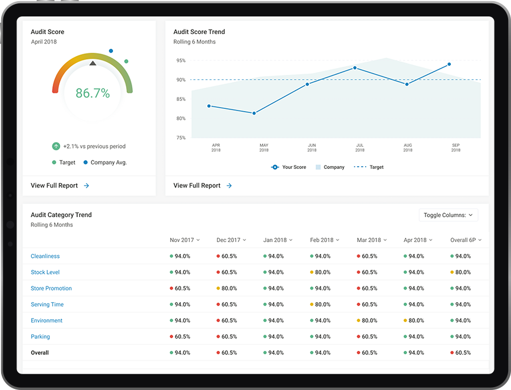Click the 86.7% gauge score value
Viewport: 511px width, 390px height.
pyautogui.click(x=93, y=94)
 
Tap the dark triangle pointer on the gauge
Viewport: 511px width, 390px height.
pyautogui.click(x=93, y=63)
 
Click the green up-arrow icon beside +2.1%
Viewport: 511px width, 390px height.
pyautogui.click(x=56, y=146)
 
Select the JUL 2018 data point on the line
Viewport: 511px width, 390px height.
pyautogui.click(x=355, y=68)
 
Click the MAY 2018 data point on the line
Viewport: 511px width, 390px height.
pyautogui.click(x=254, y=113)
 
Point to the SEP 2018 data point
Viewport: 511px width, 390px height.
pyautogui.click(x=449, y=64)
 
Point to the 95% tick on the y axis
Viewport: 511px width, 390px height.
pyautogui.click(x=181, y=61)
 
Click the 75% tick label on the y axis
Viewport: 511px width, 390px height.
pyautogui.click(x=181, y=138)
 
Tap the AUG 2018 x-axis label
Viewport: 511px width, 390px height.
pyautogui.click(x=408, y=148)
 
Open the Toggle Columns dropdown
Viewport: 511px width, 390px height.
pyautogui.click(x=448, y=215)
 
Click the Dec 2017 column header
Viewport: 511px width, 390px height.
pyautogui.click(x=231, y=240)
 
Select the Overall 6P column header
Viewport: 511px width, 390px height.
pyautogui.click(x=466, y=240)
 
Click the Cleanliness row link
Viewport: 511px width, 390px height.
pyautogui.click(x=45, y=256)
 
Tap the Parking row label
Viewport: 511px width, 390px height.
pyautogui.click(x=40, y=337)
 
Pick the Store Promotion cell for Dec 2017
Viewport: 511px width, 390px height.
pyautogui.click(x=227, y=289)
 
